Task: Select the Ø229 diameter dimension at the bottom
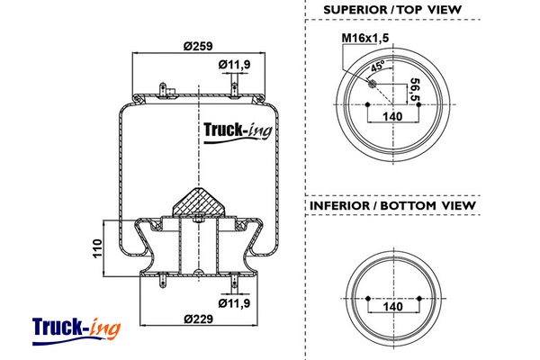pyautogui.click(x=198, y=319)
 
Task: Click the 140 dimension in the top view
pyautogui.click(x=392, y=117)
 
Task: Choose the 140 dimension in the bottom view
pyautogui.click(x=392, y=307)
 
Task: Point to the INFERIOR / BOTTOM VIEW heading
pyautogui.click(x=392, y=206)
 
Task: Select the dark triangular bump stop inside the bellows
pyautogui.click(x=198, y=201)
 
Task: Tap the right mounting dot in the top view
pyautogui.click(x=418, y=105)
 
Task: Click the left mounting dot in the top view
pyautogui.click(x=367, y=105)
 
